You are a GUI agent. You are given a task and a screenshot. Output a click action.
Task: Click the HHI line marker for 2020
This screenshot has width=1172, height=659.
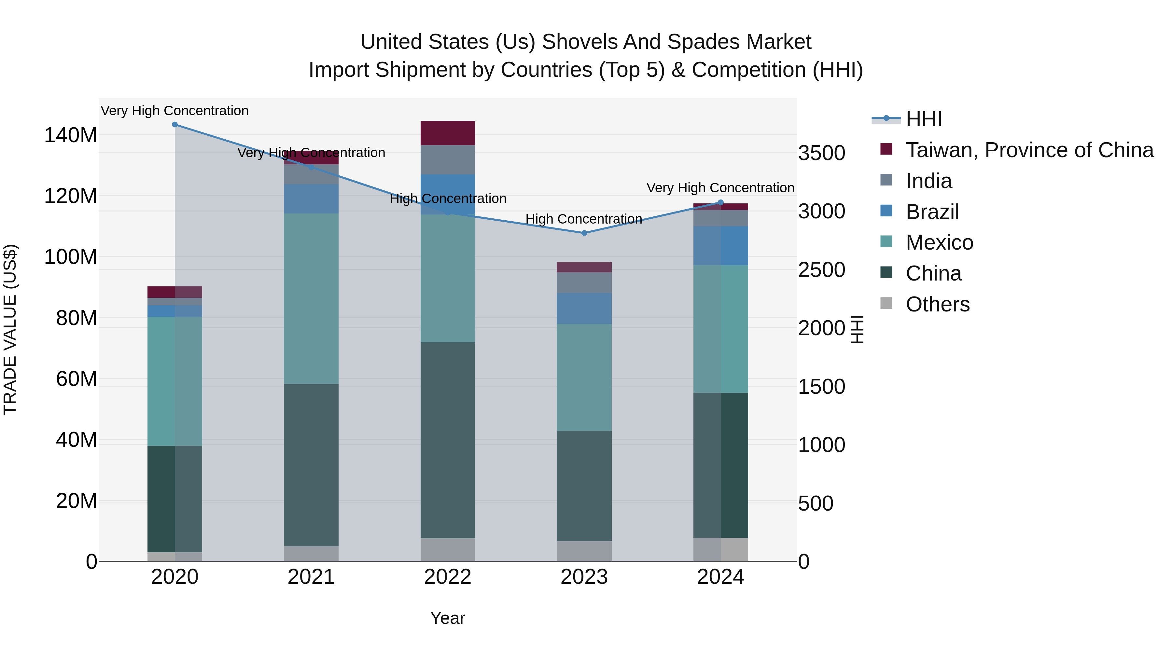pos(175,125)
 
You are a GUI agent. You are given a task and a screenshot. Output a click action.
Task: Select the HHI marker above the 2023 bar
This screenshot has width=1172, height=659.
pos(584,233)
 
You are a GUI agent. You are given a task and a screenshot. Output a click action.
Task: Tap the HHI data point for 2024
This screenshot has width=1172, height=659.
pos(720,203)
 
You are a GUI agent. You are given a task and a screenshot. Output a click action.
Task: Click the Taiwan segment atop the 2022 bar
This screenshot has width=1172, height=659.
pos(448,133)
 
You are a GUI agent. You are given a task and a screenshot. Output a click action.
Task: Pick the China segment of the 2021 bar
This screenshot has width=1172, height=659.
pos(311,464)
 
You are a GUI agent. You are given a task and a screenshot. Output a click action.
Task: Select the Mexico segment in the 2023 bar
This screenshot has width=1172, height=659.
pos(584,377)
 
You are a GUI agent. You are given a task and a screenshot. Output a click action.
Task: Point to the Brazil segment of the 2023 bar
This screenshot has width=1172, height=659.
pos(584,309)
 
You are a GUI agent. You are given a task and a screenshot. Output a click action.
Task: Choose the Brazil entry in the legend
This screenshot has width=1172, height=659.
pos(932,212)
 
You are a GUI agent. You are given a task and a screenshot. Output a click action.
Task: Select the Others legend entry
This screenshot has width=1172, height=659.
pos(937,304)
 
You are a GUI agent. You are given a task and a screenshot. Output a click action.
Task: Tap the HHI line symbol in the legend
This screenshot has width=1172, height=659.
pos(886,119)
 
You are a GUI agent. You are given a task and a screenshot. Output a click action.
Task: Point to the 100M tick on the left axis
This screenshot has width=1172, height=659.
pos(71,257)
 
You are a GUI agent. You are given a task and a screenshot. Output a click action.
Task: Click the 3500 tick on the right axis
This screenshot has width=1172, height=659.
pos(822,153)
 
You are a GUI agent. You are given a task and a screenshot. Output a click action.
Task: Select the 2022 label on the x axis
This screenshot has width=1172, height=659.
pos(448,577)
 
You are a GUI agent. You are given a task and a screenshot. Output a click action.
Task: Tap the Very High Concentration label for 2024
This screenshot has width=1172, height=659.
pos(720,188)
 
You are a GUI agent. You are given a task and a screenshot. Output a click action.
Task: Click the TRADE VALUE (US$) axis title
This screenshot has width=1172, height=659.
pos(10,329)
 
